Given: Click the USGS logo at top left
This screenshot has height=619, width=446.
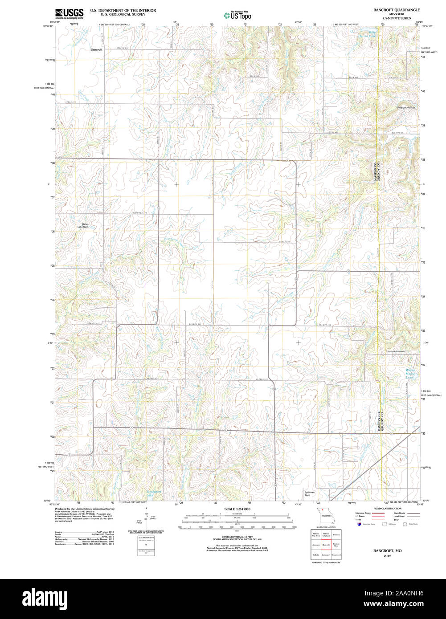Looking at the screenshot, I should tap(69, 13).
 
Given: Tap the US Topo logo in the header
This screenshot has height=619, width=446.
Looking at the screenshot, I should tap(237, 16).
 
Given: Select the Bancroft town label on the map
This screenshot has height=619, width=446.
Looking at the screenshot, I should tap(96, 50).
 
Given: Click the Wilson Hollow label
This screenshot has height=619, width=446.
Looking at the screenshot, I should tap(405, 108).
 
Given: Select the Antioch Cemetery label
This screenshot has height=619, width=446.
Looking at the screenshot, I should tap(396, 351).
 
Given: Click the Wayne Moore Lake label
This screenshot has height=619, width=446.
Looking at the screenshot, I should tap(409, 374).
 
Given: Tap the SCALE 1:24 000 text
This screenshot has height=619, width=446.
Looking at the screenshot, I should tap(237, 509).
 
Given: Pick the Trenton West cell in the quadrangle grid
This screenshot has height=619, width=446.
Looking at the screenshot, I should tap(336, 545).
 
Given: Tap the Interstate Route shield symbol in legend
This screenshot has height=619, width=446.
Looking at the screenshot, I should tap(359, 524).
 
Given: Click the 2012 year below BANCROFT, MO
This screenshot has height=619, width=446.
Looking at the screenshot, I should tap(387, 556).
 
